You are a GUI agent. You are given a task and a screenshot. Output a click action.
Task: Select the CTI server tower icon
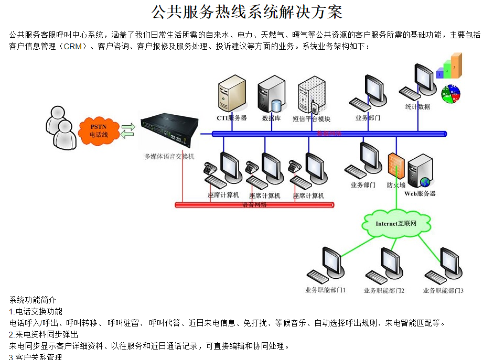231,95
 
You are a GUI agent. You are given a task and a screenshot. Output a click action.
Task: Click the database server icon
271,95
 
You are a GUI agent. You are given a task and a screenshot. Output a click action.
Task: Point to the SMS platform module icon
312,96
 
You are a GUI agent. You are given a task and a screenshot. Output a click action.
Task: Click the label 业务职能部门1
325,290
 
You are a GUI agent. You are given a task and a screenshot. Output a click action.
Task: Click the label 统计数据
417,107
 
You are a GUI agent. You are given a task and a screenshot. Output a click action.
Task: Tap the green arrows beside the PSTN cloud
128,130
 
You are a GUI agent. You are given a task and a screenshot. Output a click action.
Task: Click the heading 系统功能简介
33,300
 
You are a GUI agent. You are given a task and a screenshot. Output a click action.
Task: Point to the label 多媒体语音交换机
169,156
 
